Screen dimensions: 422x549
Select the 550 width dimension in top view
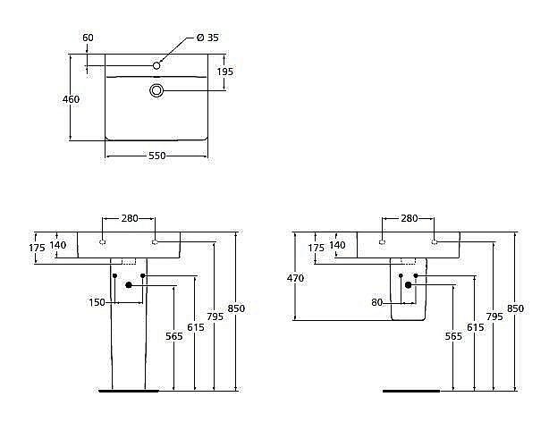pyautogui.click(x=156, y=156)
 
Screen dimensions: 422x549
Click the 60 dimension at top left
pyautogui.click(x=88, y=38)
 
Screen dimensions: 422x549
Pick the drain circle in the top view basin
pyautogui.click(x=157, y=90)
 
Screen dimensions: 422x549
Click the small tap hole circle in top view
pyautogui.click(x=156, y=64)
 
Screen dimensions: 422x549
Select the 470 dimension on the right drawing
pyautogui.click(x=296, y=278)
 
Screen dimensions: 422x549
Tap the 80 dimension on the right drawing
pyautogui.click(x=377, y=302)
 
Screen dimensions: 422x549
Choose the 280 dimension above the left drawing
pyautogui.click(x=130, y=218)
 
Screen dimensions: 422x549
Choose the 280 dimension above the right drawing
pyautogui.click(x=409, y=218)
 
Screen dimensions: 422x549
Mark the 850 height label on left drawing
pyautogui.click(x=236, y=308)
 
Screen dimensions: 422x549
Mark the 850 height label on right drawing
pyautogui.click(x=516, y=308)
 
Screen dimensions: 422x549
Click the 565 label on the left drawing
pyautogui.click(x=174, y=336)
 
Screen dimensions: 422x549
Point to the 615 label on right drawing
pyautogui.click(x=477, y=327)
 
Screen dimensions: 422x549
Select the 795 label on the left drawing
pyautogui.click(x=215, y=316)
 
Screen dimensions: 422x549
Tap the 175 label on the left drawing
pyautogui.click(x=37, y=247)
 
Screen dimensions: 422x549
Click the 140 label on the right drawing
pyautogui.click(x=337, y=245)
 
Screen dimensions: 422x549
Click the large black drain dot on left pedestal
pyautogui.click(x=130, y=284)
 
